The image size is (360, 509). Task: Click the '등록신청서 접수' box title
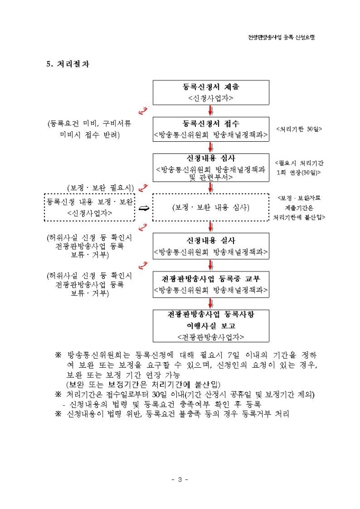[x=211, y=124]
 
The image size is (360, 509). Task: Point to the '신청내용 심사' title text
[x=211, y=158]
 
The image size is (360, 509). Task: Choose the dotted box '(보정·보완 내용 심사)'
[x=211, y=207]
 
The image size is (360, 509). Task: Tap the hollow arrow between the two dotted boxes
[x=143, y=208]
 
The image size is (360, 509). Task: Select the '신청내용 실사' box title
[x=211, y=241]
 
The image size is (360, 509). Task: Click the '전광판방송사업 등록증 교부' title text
[x=211, y=278]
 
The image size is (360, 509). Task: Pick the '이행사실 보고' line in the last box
[x=211, y=325]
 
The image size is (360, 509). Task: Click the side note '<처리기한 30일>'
[x=299, y=129]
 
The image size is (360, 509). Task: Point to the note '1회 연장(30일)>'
[x=299, y=172]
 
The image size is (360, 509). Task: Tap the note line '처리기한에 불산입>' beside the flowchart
[x=299, y=217]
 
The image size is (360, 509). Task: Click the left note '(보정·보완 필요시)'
[x=100, y=187]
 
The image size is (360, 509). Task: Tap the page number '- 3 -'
[x=180, y=479]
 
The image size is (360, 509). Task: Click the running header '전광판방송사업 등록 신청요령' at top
[x=285, y=37]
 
